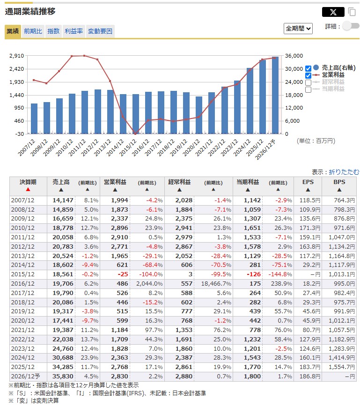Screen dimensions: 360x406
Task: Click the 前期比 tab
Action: pos(33,31)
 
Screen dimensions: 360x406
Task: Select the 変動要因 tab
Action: pos(100,31)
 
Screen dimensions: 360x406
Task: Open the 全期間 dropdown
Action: pos(298,29)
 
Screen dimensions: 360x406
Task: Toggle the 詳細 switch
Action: pos(351,26)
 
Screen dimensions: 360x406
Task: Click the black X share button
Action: pos(333,12)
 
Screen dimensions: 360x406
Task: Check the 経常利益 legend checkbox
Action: pos(308,82)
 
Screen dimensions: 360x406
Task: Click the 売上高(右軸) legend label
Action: pos(338,67)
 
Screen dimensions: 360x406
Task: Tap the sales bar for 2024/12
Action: pos(250,101)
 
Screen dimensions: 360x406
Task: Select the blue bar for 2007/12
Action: pos(34,118)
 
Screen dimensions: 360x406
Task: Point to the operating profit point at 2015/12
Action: pos(135,133)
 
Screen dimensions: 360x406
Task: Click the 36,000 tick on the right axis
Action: pos(294,56)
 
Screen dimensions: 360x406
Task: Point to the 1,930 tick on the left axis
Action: pos(16,82)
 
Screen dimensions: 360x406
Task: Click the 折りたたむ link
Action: pos(344,172)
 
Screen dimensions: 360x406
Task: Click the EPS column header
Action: pos(308,182)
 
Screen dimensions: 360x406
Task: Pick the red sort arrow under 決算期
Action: pos(28,190)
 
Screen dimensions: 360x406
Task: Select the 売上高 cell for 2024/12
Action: pos(63,358)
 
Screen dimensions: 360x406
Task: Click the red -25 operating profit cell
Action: pos(123,274)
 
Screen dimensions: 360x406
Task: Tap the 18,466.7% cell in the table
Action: pos(216,283)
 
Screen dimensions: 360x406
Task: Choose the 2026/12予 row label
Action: pos(25,376)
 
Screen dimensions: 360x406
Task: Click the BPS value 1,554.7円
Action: pos(342,367)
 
